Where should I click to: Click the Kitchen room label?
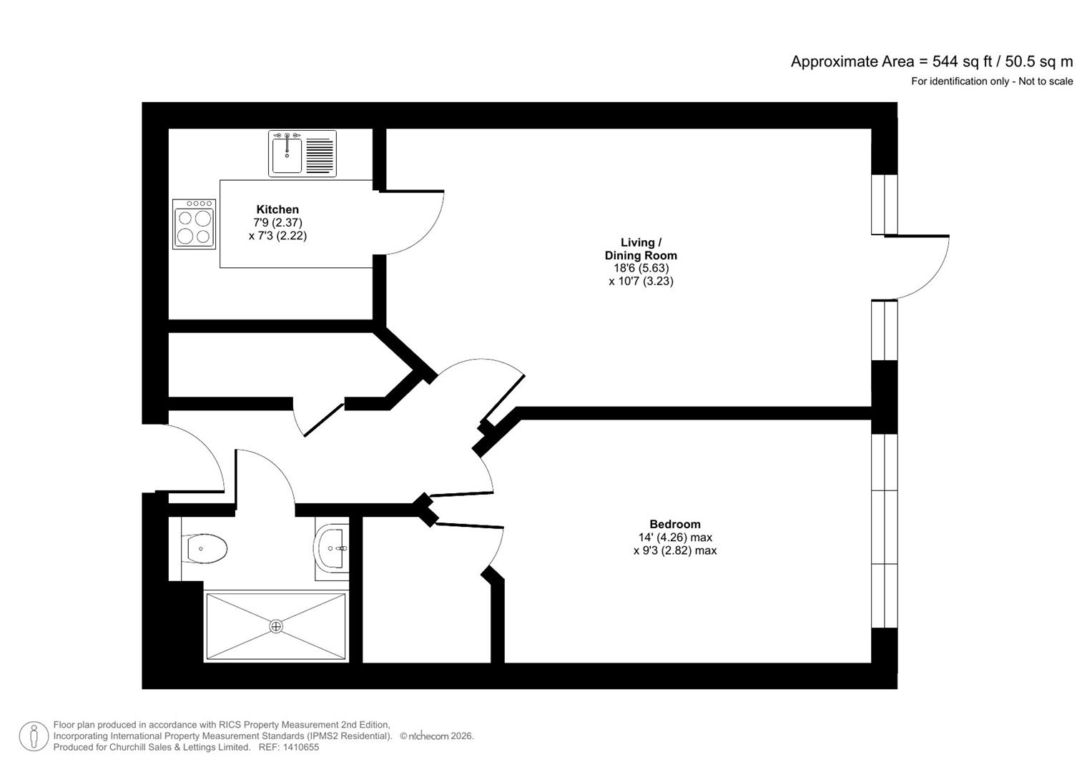277,209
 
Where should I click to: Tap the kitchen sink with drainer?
302,153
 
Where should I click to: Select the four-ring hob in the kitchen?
194,224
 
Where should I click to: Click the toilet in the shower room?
205,549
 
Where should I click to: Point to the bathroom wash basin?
331,548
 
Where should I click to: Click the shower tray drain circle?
276,626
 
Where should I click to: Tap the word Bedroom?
674,524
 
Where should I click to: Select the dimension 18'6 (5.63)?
641,268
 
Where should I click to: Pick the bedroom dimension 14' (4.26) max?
675,538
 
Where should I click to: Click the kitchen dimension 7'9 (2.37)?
278,222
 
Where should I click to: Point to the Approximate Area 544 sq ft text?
931,61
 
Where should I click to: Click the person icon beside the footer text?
34,736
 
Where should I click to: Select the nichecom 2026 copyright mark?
436,736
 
